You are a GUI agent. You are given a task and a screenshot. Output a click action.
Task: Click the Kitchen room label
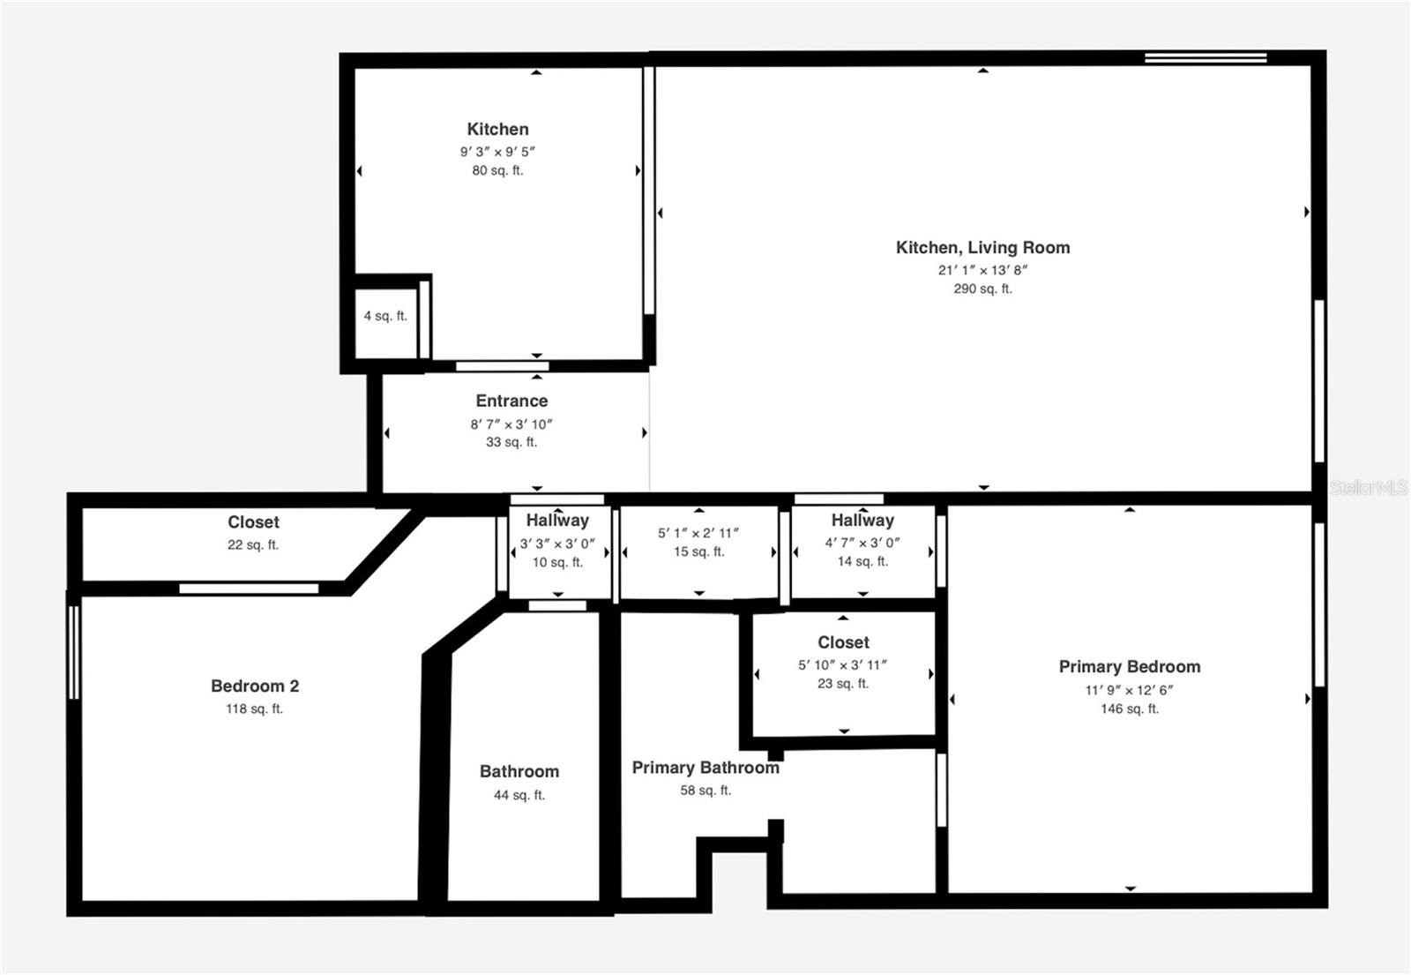coord(497,130)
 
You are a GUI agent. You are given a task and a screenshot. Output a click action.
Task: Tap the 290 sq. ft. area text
coord(982,289)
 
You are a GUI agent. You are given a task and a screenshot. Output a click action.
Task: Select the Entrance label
coord(511,401)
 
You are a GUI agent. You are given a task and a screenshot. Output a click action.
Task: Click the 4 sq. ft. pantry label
coord(385,316)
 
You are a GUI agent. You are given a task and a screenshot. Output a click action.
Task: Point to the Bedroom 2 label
coord(255,686)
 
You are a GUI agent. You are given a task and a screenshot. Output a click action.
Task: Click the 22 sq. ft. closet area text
coord(253,544)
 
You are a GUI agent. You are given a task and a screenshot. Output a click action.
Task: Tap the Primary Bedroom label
coord(1129,667)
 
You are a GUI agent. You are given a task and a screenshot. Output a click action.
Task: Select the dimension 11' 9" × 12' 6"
coord(1129,690)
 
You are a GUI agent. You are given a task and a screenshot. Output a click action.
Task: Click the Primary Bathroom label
coord(705,768)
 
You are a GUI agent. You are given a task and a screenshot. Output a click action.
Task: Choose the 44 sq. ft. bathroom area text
coord(519,795)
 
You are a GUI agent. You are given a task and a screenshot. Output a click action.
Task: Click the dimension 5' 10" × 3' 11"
coord(843,665)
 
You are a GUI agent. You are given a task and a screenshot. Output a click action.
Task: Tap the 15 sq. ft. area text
coord(698,551)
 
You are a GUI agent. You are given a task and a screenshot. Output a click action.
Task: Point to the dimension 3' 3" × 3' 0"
coord(557,544)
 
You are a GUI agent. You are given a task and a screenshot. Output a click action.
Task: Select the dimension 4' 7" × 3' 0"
coord(862,543)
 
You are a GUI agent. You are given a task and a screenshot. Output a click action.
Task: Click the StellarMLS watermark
coord(1368,487)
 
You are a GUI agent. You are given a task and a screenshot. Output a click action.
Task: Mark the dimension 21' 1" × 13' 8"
coord(982,270)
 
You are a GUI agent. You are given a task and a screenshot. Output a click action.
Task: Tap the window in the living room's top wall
coord(1206,58)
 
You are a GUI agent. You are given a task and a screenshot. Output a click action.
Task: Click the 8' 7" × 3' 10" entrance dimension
coord(511,424)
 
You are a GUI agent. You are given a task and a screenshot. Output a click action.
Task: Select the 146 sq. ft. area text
coord(1129,709)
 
